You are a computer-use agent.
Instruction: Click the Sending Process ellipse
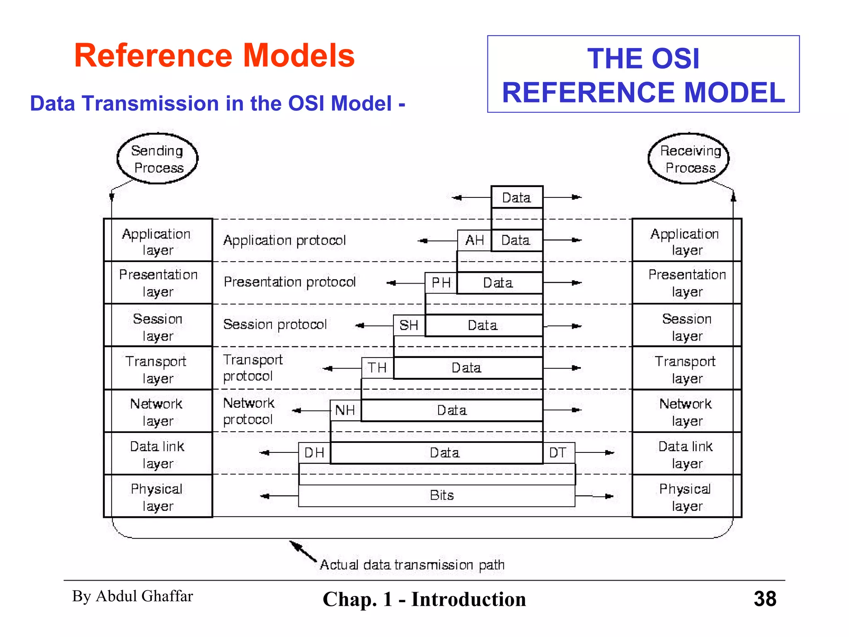158,159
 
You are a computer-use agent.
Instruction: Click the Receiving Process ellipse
689,159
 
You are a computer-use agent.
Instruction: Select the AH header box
474,241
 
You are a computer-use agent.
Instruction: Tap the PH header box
441,283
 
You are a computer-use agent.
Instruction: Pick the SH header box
409,326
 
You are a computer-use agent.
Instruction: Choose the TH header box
377,368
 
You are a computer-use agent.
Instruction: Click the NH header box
345,411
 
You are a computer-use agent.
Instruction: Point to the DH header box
314,453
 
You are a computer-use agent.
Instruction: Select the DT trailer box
558,453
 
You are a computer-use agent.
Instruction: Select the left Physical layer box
158,496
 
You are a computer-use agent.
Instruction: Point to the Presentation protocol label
290,282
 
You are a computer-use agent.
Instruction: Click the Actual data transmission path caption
412,565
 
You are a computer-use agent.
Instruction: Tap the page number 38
765,599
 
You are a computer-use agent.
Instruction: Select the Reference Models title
214,56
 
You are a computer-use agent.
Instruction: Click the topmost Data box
517,197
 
